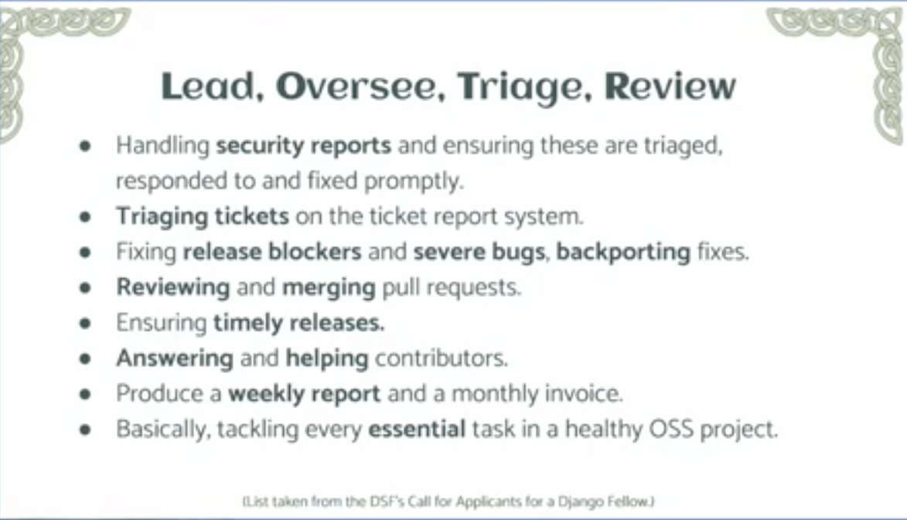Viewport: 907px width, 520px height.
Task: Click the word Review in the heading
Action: (670, 87)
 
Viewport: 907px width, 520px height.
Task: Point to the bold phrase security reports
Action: (304, 145)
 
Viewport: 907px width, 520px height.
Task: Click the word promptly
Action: (414, 182)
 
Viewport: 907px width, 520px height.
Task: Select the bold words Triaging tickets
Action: (203, 217)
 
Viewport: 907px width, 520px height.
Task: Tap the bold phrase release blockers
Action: (272, 252)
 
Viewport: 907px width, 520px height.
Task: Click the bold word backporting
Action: (623, 253)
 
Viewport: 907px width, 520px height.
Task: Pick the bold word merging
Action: (329, 287)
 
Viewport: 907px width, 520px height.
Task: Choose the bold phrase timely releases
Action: (299, 323)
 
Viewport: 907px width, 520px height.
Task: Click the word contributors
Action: (442, 359)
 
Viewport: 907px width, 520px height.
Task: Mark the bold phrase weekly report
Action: (304, 394)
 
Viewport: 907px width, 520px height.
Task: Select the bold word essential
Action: (417, 430)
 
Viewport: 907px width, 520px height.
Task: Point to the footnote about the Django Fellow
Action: (448, 501)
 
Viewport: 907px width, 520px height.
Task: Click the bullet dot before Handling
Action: (86, 146)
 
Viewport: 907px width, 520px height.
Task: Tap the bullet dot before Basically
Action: (86, 430)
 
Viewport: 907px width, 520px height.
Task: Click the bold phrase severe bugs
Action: (479, 253)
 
